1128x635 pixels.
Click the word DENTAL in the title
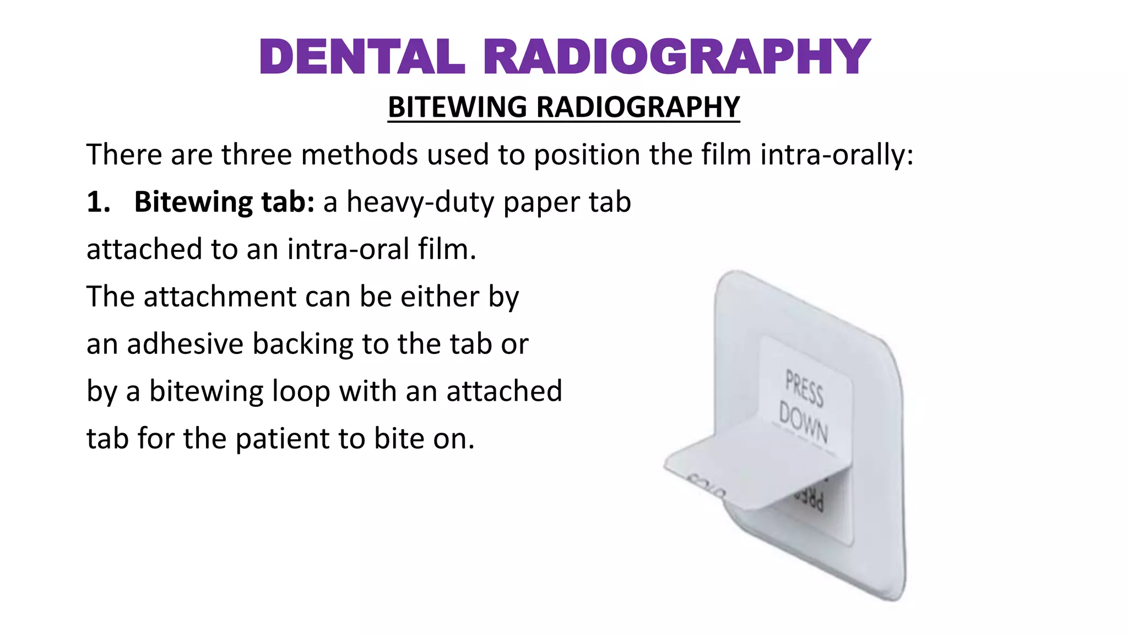(x=362, y=57)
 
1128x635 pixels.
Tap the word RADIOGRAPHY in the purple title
(x=677, y=57)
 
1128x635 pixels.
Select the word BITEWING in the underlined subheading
(x=458, y=107)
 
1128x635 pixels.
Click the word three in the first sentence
(x=256, y=154)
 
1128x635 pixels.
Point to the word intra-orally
(x=837, y=154)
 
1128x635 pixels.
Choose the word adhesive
(x=185, y=344)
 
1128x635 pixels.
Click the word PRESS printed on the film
(x=804, y=388)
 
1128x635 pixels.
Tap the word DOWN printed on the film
(x=803, y=423)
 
